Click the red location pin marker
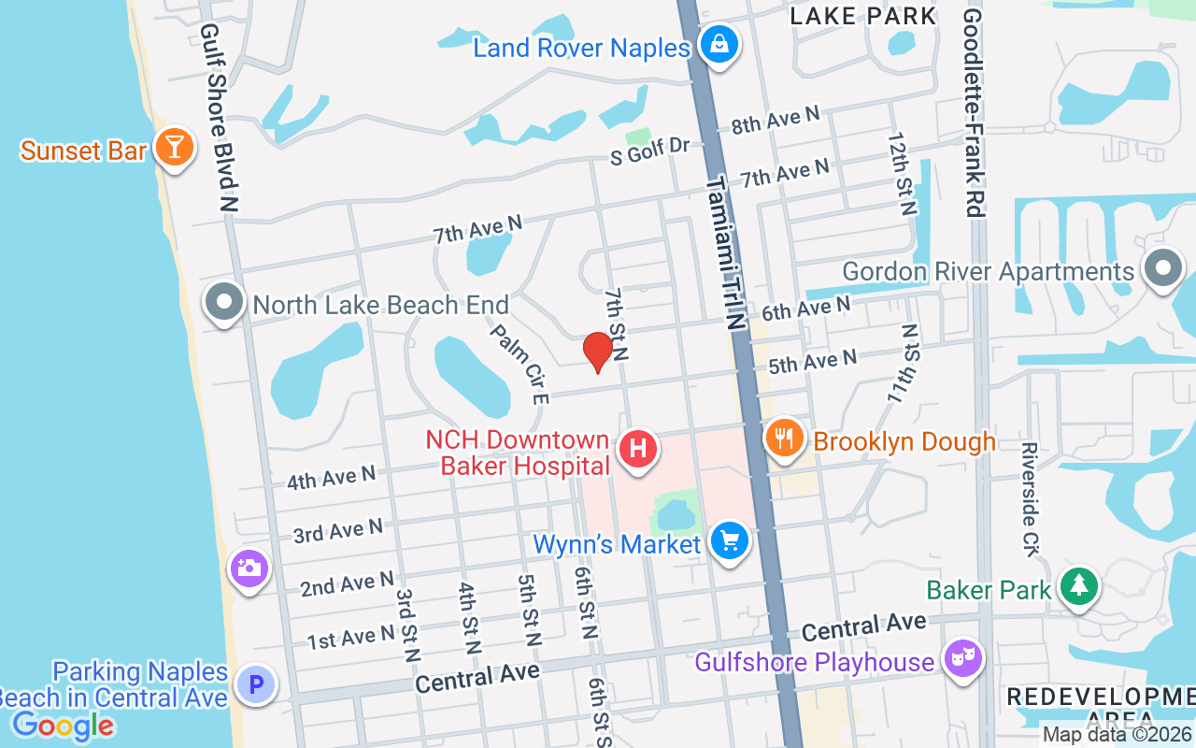click(x=597, y=352)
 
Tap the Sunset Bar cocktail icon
click(x=173, y=148)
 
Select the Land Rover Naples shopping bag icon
click(x=719, y=45)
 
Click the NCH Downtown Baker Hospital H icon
click(x=638, y=449)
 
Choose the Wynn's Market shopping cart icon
click(x=729, y=541)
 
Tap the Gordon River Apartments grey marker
click(x=1162, y=268)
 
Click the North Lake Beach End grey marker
click(x=224, y=302)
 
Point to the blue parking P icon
click(x=255, y=685)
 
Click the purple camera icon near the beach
click(x=249, y=568)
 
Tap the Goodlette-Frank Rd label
click(x=974, y=112)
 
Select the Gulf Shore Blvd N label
click(x=217, y=117)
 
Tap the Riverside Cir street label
click(x=1030, y=499)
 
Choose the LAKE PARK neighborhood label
click(x=862, y=16)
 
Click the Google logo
click(x=63, y=725)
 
